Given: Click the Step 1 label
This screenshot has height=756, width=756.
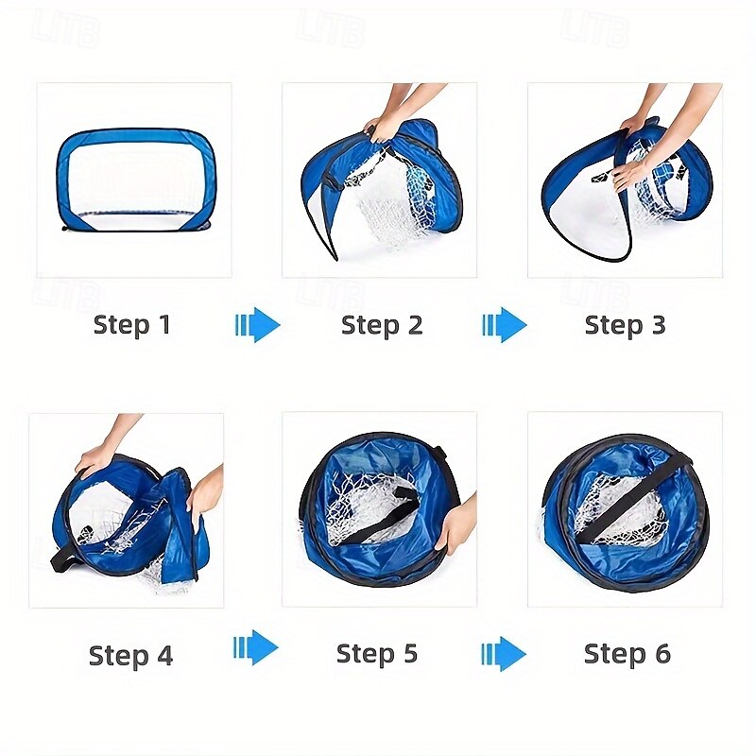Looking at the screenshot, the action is tap(131, 324).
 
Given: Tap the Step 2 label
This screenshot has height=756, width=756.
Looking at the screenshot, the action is tap(382, 324).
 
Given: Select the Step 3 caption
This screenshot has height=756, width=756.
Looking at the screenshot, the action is tap(625, 324).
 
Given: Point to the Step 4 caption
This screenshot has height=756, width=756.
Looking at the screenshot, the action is tap(130, 655).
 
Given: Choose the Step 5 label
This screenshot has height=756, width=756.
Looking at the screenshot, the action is tap(376, 653).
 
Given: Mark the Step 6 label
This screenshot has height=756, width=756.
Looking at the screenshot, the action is tap(627, 653).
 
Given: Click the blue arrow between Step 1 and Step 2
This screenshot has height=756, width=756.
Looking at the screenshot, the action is tap(257, 324).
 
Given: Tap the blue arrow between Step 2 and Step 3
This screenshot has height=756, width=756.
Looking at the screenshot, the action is tap(504, 324).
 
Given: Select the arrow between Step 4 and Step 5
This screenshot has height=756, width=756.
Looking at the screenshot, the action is tap(255, 647).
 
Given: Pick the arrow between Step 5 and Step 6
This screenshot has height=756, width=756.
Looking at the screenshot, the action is tap(504, 654).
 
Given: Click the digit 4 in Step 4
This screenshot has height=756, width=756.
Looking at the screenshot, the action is tap(164, 655).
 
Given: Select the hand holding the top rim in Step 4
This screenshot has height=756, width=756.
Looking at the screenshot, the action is tap(96, 458).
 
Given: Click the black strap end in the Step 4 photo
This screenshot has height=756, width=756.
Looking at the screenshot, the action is tap(63, 559).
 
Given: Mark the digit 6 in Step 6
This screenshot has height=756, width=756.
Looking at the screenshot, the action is tap(663, 654).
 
